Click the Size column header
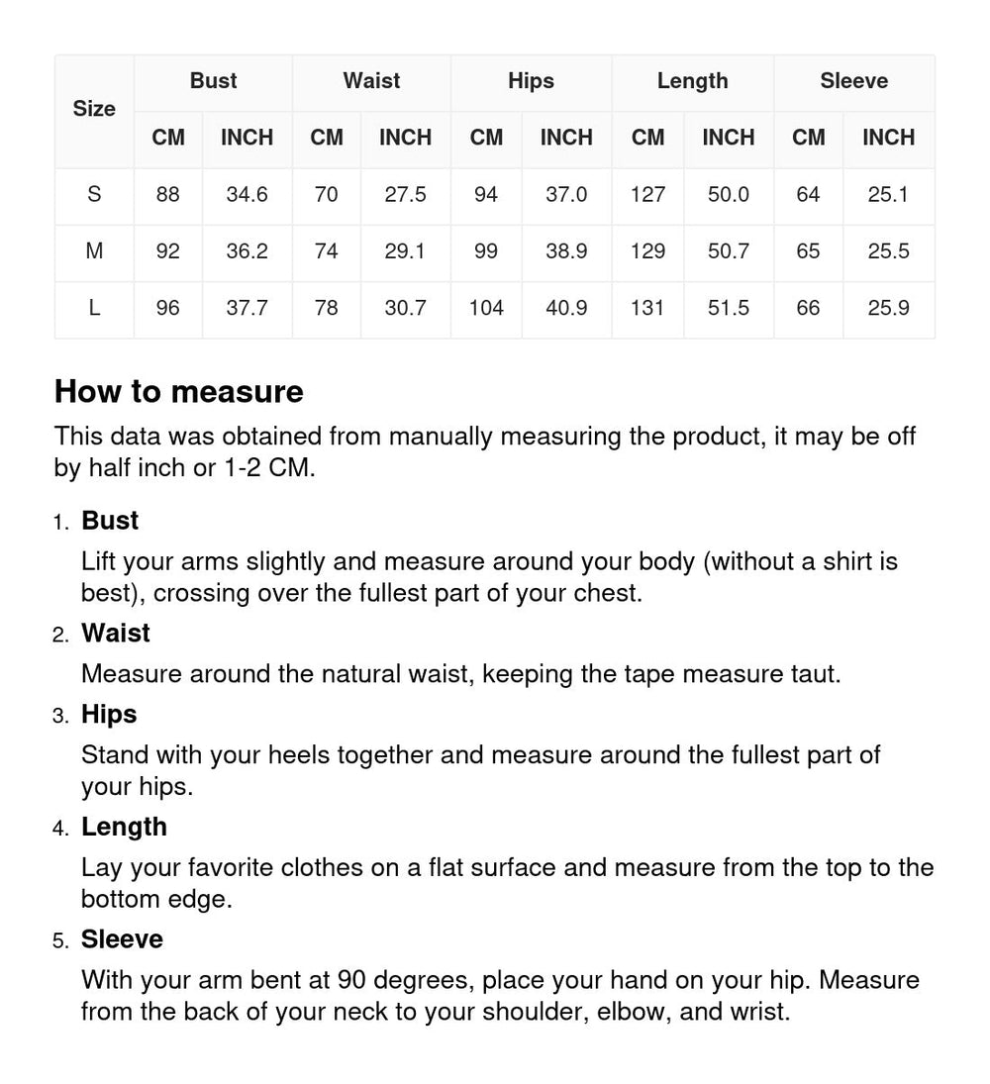tap(94, 109)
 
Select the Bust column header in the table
tap(213, 81)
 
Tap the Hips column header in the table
tap(531, 81)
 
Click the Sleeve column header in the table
tap(853, 81)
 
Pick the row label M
tap(94, 251)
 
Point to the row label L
tap(94, 308)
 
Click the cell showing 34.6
tap(247, 195)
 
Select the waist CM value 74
tap(326, 251)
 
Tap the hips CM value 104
tap(486, 308)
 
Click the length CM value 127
tap(647, 195)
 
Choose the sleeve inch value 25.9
tap(888, 308)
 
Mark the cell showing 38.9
tap(566, 251)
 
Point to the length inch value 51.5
tap(728, 308)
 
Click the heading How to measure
tap(179, 392)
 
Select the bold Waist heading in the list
tap(116, 634)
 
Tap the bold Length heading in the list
tap(124, 827)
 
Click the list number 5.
tap(60, 940)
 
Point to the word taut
tap(817, 674)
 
